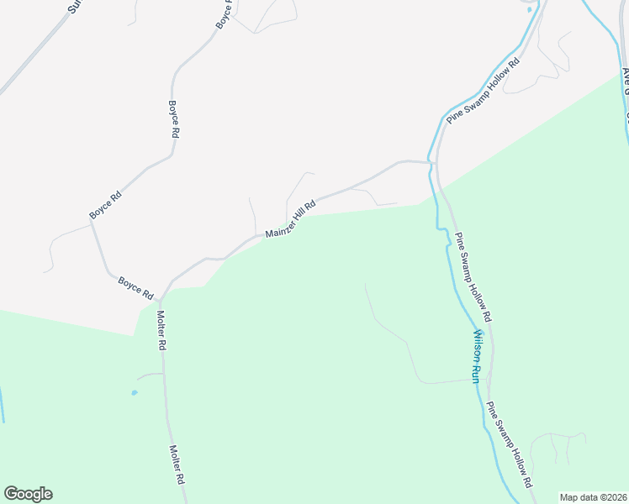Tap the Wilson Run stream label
(x=476, y=355)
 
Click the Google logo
(x=29, y=494)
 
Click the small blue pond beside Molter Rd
(x=134, y=392)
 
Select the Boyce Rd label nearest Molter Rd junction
(x=135, y=289)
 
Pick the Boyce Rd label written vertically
(x=174, y=119)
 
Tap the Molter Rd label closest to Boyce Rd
(x=162, y=330)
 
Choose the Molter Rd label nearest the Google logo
(x=177, y=465)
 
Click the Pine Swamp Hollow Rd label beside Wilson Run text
(x=473, y=278)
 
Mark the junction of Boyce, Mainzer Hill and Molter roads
(x=161, y=298)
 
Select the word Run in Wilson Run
(x=473, y=373)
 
